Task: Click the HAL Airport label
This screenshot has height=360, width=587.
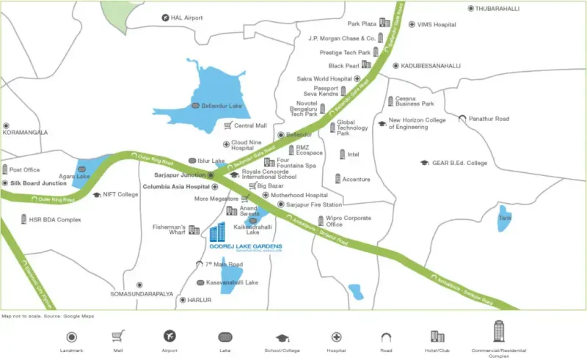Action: (x=186, y=18)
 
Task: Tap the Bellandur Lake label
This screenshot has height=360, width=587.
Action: (x=222, y=106)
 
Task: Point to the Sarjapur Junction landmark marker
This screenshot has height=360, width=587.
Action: (x=211, y=176)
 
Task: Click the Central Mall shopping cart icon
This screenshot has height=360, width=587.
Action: (x=227, y=126)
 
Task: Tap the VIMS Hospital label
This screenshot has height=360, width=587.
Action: (x=437, y=24)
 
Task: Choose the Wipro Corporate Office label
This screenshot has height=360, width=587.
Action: (x=349, y=221)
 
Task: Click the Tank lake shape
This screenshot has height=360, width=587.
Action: (x=505, y=218)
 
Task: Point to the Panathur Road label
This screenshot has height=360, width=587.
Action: (x=495, y=118)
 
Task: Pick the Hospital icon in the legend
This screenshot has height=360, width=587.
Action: (x=336, y=337)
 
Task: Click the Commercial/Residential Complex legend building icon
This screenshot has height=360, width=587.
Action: (x=500, y=331)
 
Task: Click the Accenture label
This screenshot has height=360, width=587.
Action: (x=357, y=179)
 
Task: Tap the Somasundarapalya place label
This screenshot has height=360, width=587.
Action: (x=142, y=294)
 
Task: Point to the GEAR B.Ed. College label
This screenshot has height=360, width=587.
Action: (x=459, y=163)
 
